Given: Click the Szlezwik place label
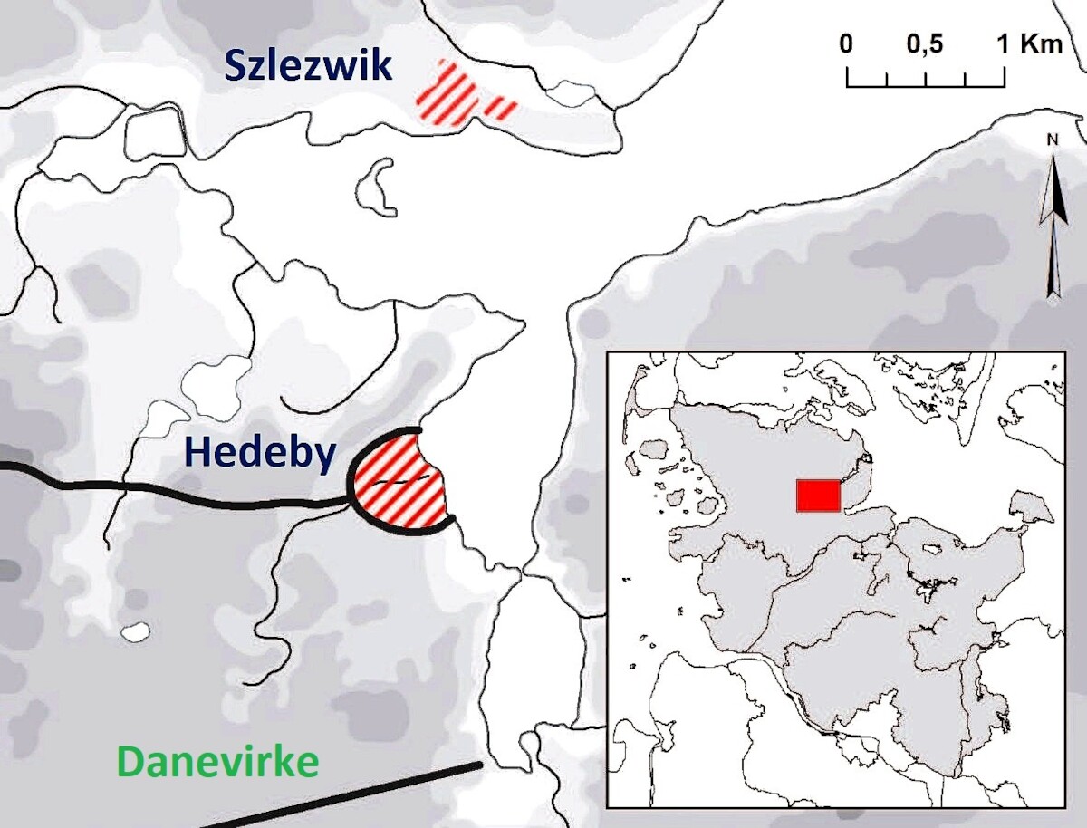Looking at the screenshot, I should tap(308, 68).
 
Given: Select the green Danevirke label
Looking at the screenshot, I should tap(218, 763).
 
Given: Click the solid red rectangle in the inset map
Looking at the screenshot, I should tap(818, 496).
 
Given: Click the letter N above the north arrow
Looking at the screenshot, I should tap(1052, 140).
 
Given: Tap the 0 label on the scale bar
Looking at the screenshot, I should tap(846, 44).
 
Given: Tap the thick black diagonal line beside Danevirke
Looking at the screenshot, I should tap(362, 795).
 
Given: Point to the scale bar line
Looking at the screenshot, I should tap(925, 86).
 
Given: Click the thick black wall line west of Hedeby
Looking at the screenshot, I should tap(181, 489).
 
